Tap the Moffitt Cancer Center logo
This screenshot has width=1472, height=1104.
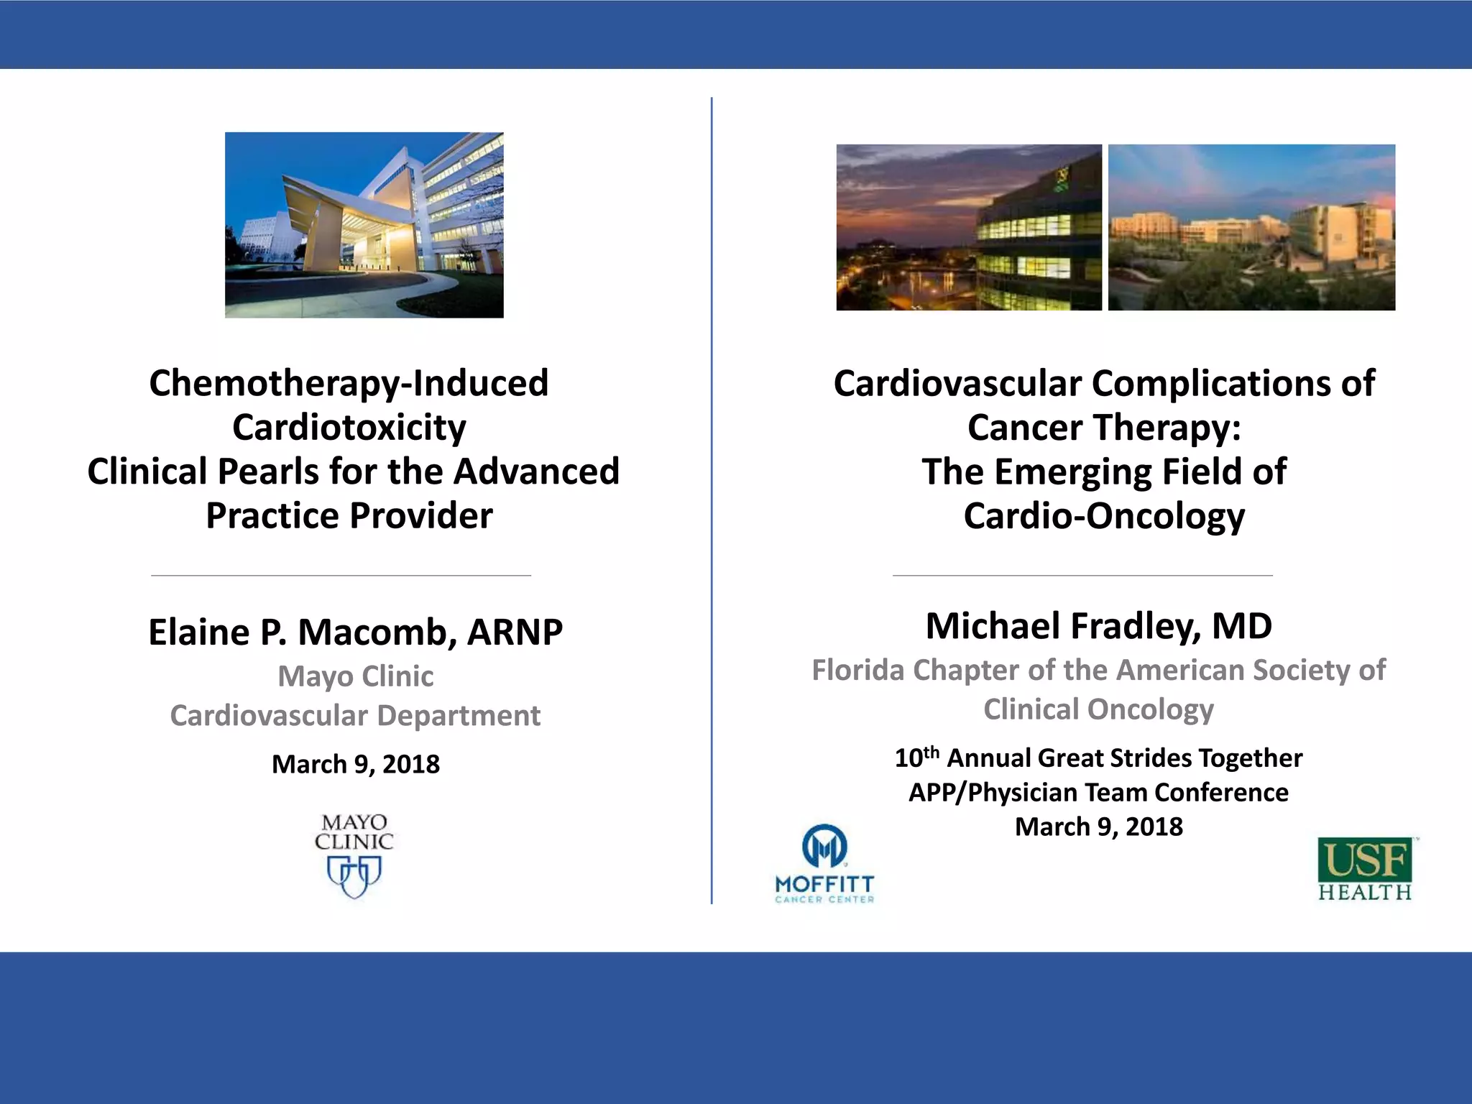coord(824,863)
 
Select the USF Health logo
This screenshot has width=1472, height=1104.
coord(1365,869)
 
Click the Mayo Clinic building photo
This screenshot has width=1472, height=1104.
coord(364,225)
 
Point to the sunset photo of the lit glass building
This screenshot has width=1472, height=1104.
coord(968,227)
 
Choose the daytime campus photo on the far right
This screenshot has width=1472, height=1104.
coord(1251,227)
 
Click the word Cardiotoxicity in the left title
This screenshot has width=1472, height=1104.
coord(349,428)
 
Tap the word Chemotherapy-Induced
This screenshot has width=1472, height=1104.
coord(349,383)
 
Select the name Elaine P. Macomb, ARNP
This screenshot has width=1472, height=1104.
coord(355,632)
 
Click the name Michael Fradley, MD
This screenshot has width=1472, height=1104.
coord(1098,626)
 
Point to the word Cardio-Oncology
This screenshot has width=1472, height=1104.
coord(1104,516)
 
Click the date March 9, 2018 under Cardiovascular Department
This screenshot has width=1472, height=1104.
coord(355,764)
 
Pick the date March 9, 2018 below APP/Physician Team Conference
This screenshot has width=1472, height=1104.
coord(1098,827)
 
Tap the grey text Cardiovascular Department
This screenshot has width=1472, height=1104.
coord(355,716)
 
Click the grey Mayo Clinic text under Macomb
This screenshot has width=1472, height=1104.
coord(355,676)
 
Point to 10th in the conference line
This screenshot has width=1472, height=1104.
coord(916,757)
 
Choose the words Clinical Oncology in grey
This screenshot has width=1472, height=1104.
coord(1098,709)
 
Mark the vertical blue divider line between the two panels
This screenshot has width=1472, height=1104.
coord(712,503)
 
